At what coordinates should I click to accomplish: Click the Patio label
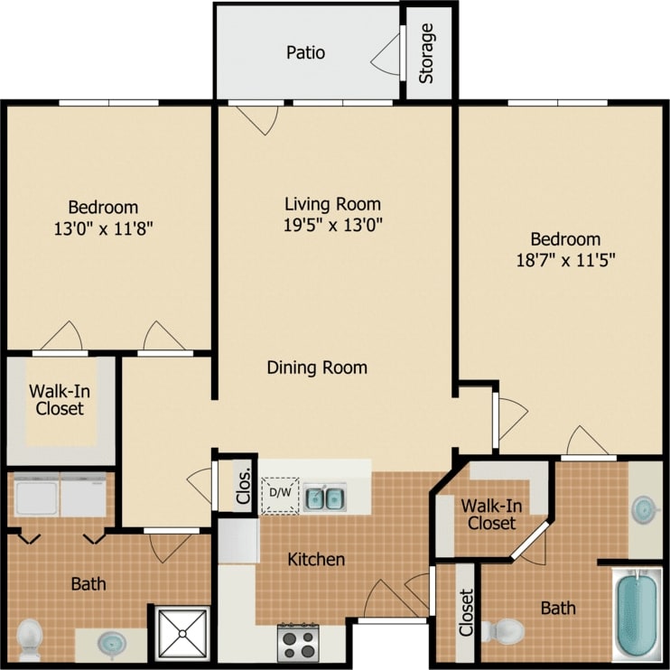coord(305,52)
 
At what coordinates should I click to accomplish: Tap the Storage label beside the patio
coord(426,52)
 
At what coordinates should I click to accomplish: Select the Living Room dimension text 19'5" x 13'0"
coord(332,225)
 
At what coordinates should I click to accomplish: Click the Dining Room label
coord(317,368)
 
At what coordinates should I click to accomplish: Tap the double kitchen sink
coord(326,498)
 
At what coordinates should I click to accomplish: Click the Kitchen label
coord(316,560)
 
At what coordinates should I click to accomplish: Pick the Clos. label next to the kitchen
coord(242,485)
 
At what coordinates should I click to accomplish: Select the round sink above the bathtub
coord(645,509)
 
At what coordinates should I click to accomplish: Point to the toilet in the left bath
coord(31,637)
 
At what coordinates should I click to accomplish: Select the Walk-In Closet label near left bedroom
coord(60,400)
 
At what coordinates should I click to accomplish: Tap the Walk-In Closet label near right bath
coord(488,513)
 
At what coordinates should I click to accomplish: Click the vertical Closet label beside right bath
coord(466,614)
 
